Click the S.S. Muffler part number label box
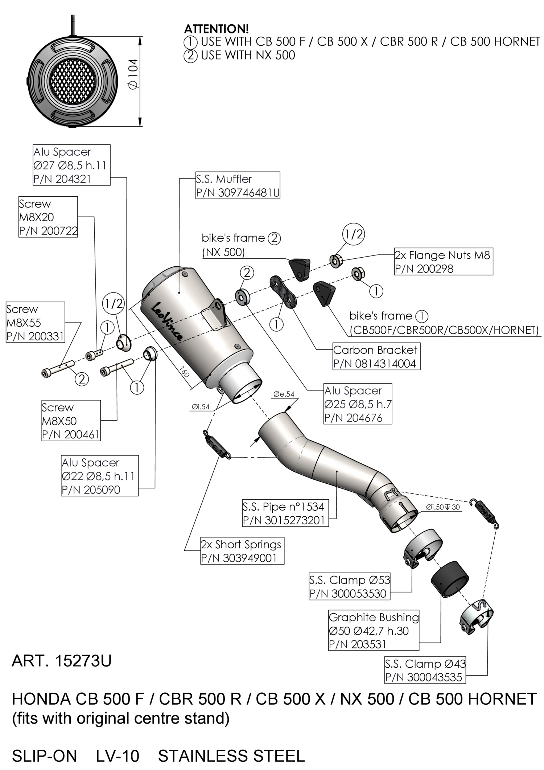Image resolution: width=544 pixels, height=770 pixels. click(238, 186)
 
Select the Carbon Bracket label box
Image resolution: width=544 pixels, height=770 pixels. click(376, 356)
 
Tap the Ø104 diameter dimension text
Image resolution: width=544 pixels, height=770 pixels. click(133, 74)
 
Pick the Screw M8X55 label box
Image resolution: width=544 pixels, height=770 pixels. click(36, 323)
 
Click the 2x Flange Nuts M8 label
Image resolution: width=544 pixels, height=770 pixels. click(443, 262)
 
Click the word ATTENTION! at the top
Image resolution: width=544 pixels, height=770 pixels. click(217, 29)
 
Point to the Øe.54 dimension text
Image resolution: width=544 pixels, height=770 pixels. click(284, 394)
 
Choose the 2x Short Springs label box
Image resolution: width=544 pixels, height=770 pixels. click(242, 551)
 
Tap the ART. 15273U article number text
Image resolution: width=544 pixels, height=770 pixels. click(62, 661)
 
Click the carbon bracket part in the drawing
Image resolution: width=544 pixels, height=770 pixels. click(284, 292)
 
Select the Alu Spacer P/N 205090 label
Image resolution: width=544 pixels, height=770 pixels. click(100, 476)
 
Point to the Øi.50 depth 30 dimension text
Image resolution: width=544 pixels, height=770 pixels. click(443, 507)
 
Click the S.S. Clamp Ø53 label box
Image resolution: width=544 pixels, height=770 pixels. click(350, 587)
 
